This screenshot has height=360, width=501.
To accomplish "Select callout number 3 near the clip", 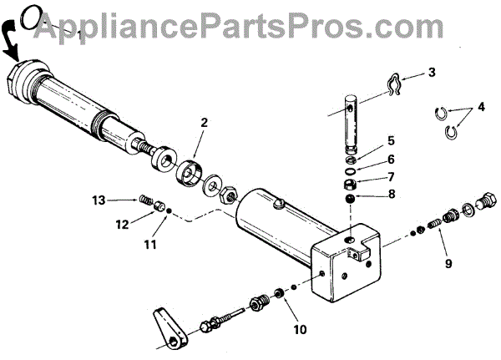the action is [432, 74].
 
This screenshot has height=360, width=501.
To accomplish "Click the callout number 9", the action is [448, 264].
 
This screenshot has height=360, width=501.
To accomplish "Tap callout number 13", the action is [99, 200].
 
